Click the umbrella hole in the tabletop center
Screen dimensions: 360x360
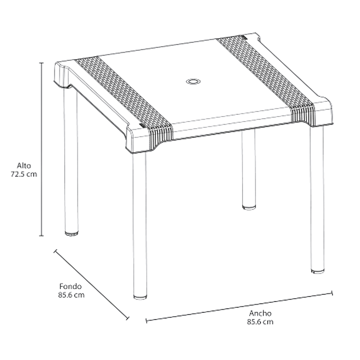(x=193, y=81)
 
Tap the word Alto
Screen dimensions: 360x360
(x=24, y=166)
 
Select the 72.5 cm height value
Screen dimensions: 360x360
(x=24, y=174)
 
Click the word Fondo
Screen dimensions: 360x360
(x=71, y=286)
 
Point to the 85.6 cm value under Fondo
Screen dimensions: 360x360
(x=71, y=295)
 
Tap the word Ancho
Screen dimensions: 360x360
(x=261, y=313)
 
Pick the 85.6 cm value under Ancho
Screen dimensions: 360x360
(x=260, y=322)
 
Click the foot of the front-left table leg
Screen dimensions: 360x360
(x=140, y=297)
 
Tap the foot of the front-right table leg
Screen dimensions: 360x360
(x=318, y=271)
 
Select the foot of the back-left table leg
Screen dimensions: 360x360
(x=72, y=234)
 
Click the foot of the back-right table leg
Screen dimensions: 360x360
(x=249, y=207)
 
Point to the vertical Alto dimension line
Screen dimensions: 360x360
(x=41, y=149)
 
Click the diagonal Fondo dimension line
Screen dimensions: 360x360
(x=91, y=285)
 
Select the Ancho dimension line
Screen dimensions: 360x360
(x=239, y=307)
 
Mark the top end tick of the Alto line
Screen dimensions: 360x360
(x=41, y=63)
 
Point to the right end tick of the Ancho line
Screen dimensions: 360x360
(x=332, y=293)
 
